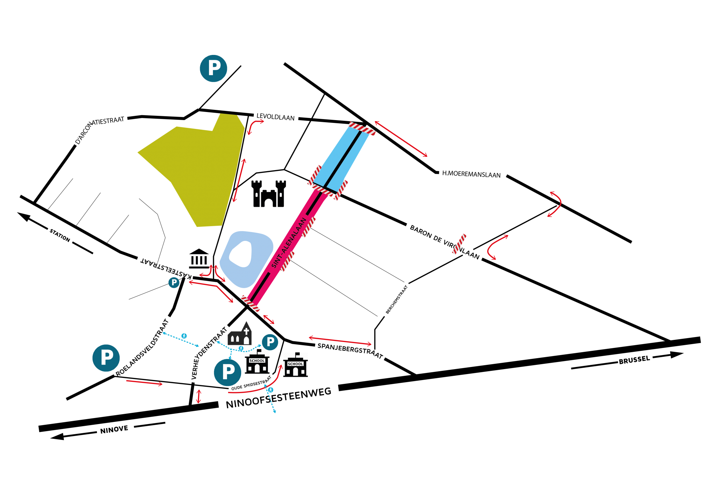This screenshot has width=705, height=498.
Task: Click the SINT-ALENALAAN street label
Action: click(289, 243)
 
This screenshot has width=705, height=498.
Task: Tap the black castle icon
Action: click(269, 194)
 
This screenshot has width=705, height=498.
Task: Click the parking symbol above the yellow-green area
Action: click(213, 68)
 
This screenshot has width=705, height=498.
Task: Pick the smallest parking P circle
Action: click(174, 282)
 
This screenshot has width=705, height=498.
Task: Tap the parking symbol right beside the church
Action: click(270, 342)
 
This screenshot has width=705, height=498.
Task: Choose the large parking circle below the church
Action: click(227, 372)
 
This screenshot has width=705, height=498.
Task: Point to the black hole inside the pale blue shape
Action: click(240, 254)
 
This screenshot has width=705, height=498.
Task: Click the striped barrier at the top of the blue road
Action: click(362, 129)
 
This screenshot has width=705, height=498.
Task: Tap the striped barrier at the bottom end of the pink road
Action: click(250, 304)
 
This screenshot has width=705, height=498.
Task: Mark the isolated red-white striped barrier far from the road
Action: click(459, 244)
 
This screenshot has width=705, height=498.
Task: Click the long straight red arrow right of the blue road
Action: click(401, 139)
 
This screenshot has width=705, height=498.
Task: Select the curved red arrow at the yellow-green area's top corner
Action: click(255, 125)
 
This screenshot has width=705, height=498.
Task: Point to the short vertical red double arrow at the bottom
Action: click(198, 396)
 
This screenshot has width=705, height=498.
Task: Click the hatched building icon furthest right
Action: click(295, 364)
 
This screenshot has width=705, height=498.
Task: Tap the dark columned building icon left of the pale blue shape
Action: click(198, 259)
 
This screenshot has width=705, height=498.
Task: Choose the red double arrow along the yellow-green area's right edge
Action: click(239, 180)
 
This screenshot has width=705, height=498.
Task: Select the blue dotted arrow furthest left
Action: click(180, 339)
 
